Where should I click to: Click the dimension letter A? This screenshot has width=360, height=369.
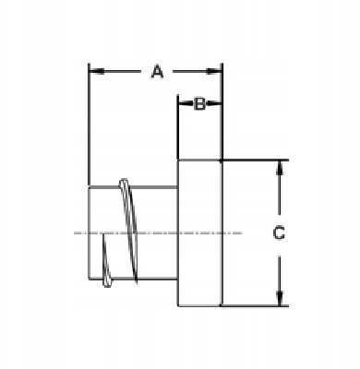[x=157, y=71]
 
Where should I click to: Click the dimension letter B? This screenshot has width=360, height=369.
[x=200, y=104]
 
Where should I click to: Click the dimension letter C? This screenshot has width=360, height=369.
[x=279, y=232]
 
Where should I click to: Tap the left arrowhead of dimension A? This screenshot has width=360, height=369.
[x=96, y=72]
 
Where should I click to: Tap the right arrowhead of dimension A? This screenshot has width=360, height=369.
[x=214, y=72]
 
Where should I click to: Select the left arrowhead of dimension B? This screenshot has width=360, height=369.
[x=184, y=104]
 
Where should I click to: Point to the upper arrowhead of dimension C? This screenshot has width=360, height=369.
[x=279, y=168]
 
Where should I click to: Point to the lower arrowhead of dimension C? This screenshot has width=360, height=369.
[x=279, y=298]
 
